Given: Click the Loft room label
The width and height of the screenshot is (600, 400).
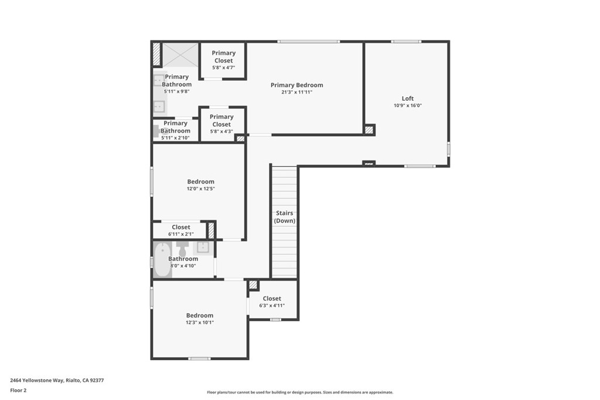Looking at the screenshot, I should (407, 98).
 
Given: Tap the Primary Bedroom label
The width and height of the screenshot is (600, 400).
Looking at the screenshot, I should (296, 85).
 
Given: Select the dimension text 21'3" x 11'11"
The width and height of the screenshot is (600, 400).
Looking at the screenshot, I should (296, 92).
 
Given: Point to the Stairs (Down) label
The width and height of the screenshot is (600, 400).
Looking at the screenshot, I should (285, 217).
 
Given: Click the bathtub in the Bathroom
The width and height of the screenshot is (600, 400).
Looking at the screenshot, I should (162, 259).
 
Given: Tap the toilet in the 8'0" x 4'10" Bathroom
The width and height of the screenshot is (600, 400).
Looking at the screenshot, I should (182, 250).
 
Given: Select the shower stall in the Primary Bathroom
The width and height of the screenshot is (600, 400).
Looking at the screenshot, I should (180, 54).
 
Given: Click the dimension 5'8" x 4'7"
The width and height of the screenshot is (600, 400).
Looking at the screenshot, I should (223, 67).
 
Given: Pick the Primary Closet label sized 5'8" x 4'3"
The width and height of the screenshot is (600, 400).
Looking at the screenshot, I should (221, 120).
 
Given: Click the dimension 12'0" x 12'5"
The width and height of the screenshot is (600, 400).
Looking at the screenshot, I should (200, 189).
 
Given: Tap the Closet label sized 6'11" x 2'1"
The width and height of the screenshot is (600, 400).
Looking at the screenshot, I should (181, 227).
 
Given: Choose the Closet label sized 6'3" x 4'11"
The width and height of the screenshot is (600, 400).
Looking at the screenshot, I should (272, 299).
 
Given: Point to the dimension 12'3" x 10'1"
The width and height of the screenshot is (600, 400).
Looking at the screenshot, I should (200, 323).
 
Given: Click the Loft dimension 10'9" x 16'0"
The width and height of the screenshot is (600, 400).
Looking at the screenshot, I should (407, 105).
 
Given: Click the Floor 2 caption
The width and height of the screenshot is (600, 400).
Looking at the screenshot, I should (19, 390).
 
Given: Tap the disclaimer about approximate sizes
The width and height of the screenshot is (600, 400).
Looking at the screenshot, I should (299, 392).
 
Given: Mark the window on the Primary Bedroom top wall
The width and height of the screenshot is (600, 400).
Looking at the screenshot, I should (308, 41).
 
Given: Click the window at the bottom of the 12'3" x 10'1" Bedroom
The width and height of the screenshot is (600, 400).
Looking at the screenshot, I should (199, 358).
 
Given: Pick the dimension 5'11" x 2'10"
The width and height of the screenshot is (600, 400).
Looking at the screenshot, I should (175, 138).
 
